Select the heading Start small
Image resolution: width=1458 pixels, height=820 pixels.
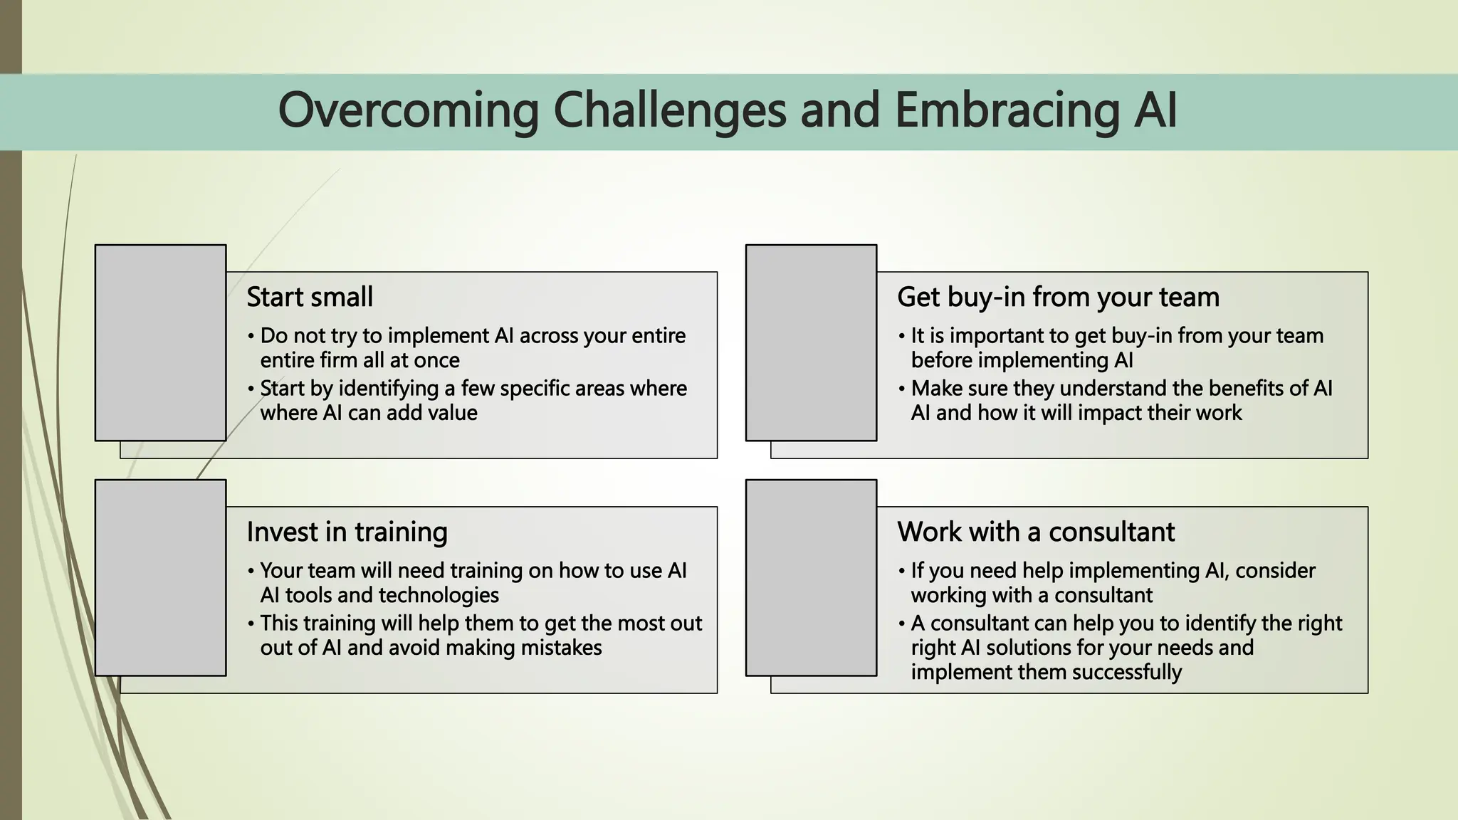(310, 297)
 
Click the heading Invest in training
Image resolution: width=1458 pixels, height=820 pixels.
(347, 532)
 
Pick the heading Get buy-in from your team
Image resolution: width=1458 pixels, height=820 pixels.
(1058, 297)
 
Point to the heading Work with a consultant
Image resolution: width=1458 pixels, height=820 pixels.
(1036, 532)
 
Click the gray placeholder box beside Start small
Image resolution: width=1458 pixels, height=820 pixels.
(160, 342)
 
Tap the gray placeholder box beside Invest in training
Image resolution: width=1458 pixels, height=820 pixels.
(160, 577)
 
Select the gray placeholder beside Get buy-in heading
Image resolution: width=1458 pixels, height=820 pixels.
(811, 342)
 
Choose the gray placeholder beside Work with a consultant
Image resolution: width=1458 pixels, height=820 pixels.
(811, 577)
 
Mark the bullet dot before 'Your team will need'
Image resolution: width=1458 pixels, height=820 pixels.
(251, 572)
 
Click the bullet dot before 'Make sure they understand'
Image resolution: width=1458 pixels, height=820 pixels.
(901, 389)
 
